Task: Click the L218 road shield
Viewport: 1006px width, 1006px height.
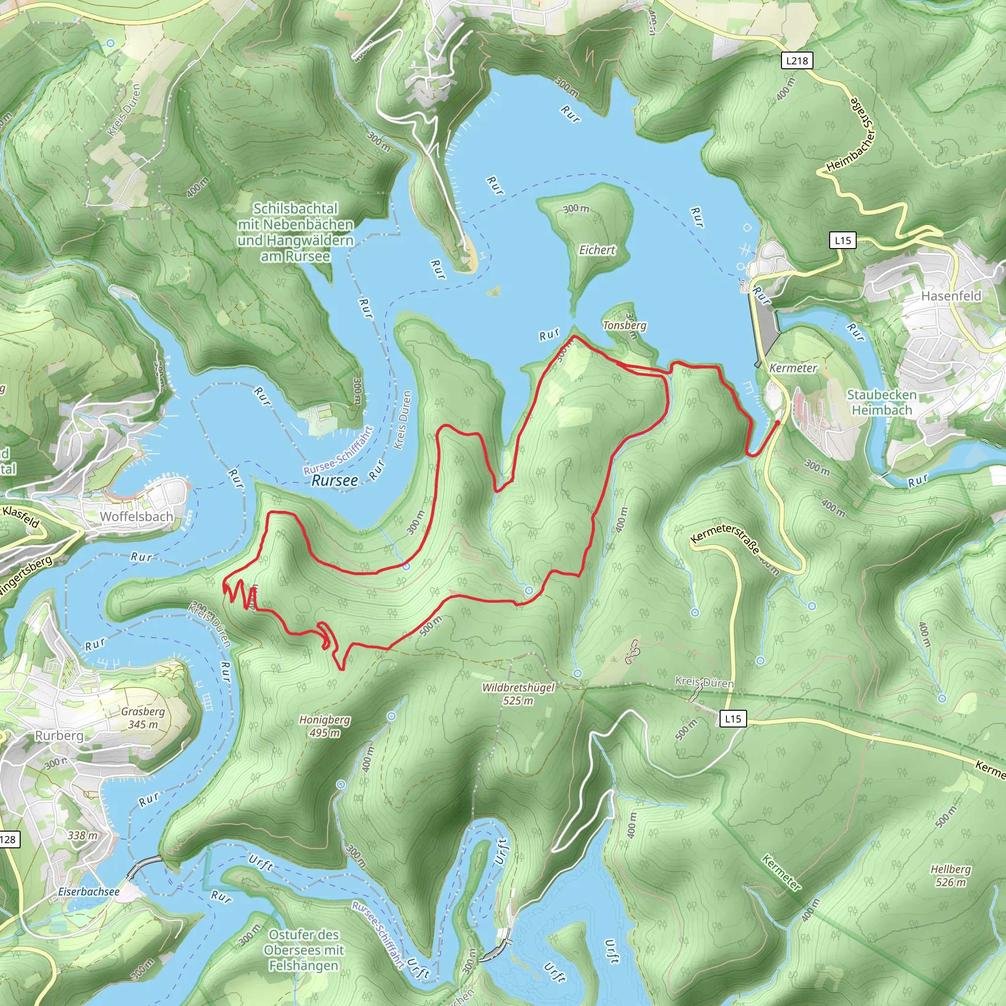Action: [797, 60]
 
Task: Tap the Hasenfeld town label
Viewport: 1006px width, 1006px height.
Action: [951, 296]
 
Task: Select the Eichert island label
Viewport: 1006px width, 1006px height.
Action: [597, 250]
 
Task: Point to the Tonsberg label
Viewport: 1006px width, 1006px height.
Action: [624, 326]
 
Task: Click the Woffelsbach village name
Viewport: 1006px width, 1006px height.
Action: [137, 517]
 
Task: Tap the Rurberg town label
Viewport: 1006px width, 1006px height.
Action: [59, 735]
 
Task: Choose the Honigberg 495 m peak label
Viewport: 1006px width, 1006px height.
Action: [324, 726]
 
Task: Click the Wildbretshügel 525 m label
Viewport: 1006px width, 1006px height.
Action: [518, 694]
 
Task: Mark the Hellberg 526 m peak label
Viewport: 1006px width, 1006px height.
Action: [950, 875]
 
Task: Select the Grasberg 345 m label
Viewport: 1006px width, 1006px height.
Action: [142, 718]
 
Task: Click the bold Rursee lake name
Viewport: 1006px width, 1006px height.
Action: [335, 480]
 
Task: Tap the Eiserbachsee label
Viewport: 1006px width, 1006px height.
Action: [88, 892]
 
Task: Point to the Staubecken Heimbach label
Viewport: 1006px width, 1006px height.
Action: [882, 402]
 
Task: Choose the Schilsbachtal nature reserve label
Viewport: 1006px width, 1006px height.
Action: [295, 232]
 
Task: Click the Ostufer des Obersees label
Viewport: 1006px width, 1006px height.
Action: [304, 950]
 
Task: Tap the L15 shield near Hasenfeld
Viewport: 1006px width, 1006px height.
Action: [842, 241]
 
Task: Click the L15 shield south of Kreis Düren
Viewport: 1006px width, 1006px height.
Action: [732, 719]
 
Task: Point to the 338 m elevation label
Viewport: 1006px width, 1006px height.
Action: [82, 835]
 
